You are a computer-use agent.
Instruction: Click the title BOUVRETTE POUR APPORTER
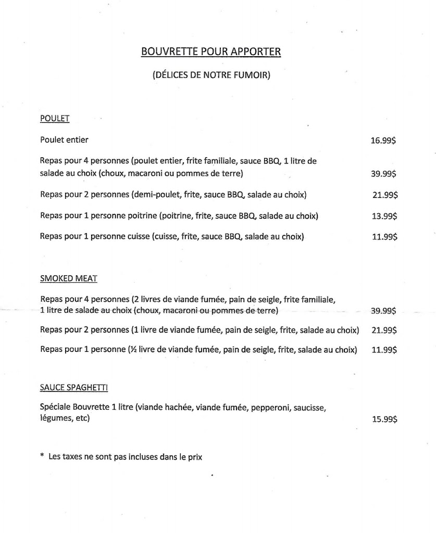coord(211,52)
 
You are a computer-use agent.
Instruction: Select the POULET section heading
coord(55,119)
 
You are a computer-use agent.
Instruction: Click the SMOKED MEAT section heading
coord(68,278)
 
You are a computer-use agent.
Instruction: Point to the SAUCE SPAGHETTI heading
coord(74,387)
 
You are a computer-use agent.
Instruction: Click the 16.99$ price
coord(384,141)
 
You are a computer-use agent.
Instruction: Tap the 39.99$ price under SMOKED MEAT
coord(383,311)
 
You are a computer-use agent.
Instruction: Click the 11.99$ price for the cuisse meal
coord(384,237)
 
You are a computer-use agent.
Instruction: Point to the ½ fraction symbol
coord(131,350)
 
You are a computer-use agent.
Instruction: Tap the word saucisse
coord(310,409)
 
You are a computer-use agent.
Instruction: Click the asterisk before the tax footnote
coord(42,456)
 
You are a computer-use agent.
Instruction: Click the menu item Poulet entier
coord(64,139)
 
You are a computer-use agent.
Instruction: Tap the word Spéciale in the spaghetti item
coord(55,409)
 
